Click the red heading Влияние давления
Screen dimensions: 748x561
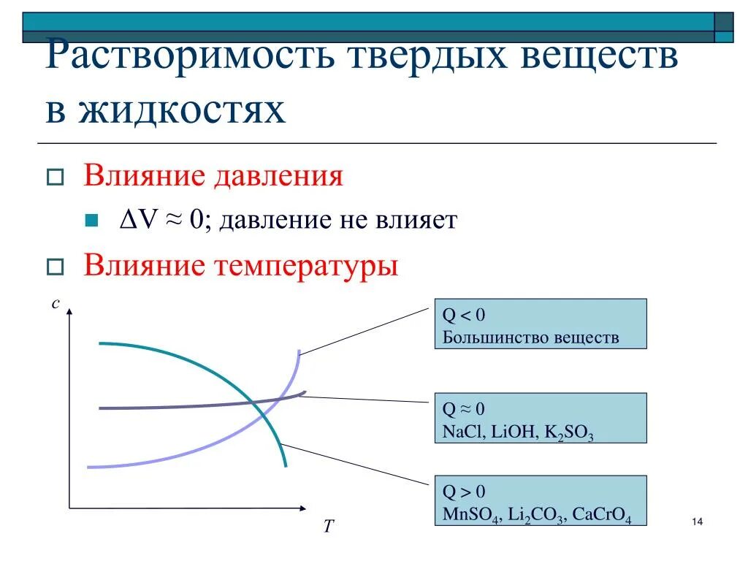click(x=213, y=176)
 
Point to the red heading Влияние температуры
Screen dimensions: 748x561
click(x=240, y=264)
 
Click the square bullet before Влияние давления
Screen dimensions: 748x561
click(x=54, y=178)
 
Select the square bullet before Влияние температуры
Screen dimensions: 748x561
click(x=54, y=266)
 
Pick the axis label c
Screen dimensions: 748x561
click(x=55, y=303)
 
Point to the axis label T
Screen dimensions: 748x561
click(x=329, y=526)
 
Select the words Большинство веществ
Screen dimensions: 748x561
click(x=530, y=337)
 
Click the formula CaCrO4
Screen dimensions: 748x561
click(x=600, y=513)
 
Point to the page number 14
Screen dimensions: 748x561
click(x=695, y=522)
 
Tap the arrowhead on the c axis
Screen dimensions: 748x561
click(x=69, y=311)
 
